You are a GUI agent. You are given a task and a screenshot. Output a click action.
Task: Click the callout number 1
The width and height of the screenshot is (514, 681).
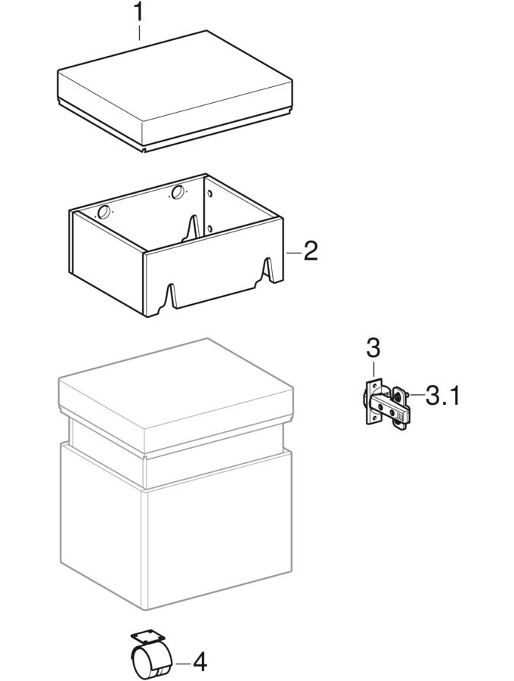[138, 13]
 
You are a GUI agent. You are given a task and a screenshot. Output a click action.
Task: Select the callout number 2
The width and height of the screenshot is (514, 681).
[311, 251]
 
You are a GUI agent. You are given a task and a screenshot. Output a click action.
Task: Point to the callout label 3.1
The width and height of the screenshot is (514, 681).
[441, 395]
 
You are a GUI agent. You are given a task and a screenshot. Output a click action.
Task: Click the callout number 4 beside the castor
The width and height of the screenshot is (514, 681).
[199, 664]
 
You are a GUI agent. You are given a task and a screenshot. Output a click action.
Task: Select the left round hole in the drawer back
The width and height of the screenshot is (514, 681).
[104, 213]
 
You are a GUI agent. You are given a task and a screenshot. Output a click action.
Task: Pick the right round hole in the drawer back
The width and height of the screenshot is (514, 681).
[178, 191]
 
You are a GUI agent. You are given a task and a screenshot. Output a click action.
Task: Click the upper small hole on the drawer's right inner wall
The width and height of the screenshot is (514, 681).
[209, 193]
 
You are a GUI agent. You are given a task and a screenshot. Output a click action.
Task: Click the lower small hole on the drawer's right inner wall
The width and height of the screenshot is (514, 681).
[209, 229]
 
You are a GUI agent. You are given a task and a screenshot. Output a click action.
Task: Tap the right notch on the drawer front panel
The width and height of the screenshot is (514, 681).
[268, 271]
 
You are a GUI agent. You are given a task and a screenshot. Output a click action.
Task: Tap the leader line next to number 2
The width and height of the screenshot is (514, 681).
[294, 252]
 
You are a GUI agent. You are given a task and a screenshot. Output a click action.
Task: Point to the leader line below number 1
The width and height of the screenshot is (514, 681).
[139, 33]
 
